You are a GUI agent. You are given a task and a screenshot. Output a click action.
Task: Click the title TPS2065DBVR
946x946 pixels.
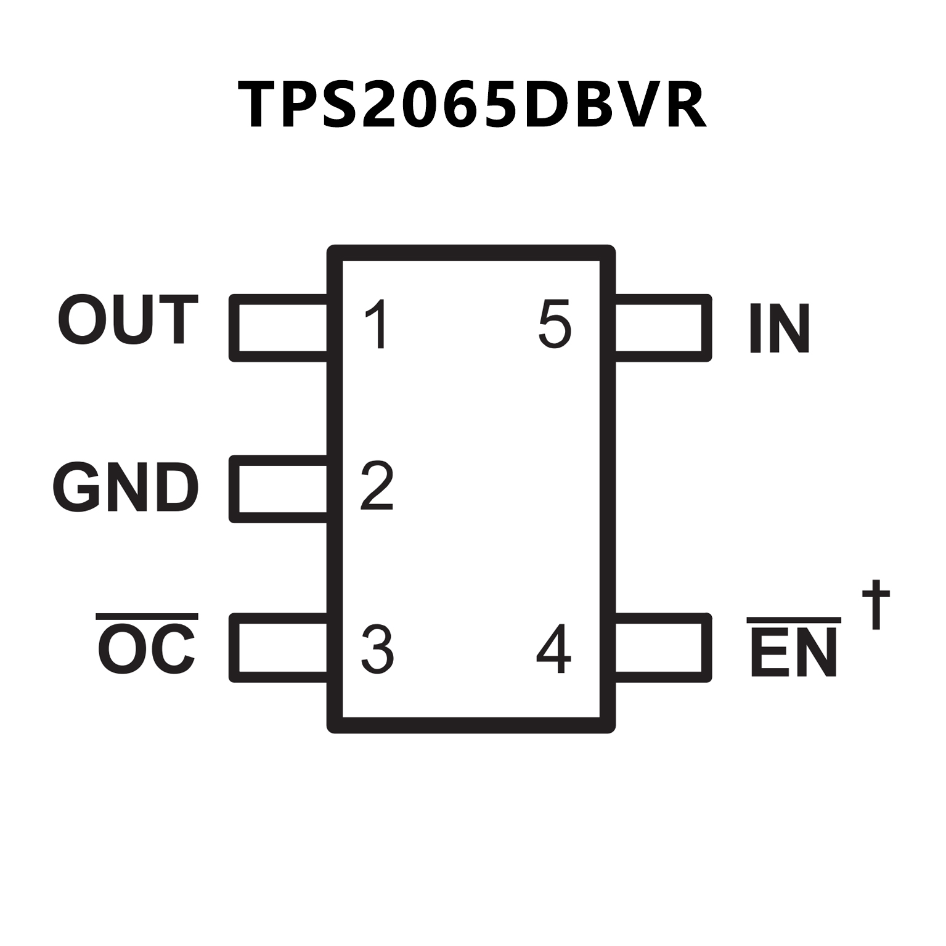click(471, 105)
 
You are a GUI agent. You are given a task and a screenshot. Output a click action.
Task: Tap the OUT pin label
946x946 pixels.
click(128, 319)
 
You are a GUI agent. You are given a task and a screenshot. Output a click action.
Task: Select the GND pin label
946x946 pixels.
click(126, 487)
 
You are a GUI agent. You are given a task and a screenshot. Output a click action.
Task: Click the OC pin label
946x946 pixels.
click(147, 648)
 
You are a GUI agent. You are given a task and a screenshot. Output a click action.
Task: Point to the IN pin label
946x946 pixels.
click(779, 328)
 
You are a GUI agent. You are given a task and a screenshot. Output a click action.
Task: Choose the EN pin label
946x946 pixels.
click(794, 653)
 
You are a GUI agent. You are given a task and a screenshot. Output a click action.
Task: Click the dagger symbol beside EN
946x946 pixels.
click(875, 604)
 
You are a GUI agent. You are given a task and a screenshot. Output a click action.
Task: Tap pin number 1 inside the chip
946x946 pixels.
click(377, 324)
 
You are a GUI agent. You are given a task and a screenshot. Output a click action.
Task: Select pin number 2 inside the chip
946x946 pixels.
click(377, 485)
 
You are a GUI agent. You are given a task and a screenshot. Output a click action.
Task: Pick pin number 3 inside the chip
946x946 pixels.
click(377, 649)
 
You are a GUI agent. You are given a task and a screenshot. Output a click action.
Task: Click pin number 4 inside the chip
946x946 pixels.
click(553, 649)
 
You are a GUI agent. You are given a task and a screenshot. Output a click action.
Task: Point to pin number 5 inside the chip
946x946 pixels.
click(554, 324)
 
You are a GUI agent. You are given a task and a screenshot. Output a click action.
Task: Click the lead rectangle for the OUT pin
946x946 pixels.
click(279, 328)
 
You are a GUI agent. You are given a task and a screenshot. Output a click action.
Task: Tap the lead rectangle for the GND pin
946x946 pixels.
click(279, 489)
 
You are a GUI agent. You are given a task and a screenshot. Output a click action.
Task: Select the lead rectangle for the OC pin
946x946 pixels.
click(279, 647)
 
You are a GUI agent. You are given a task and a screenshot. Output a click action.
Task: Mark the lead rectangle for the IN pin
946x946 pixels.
click(663, 328)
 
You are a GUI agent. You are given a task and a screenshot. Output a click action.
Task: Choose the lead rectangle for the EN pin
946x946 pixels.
click(663, 647)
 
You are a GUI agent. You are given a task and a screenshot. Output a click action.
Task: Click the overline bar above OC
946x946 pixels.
click(147, 616)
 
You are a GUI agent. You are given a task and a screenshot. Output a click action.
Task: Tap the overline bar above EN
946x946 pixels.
click(794, 619)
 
